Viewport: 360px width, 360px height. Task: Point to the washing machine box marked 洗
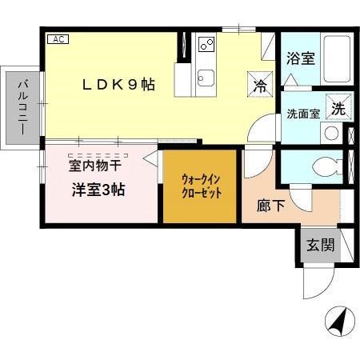339,109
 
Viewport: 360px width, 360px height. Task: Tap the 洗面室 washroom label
303,114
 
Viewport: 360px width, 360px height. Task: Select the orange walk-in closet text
200,187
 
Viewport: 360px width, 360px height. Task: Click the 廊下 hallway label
269,204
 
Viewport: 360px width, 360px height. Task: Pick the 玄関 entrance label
320,246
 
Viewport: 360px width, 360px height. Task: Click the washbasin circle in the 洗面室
331,133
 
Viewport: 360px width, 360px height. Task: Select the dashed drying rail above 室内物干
98,153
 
